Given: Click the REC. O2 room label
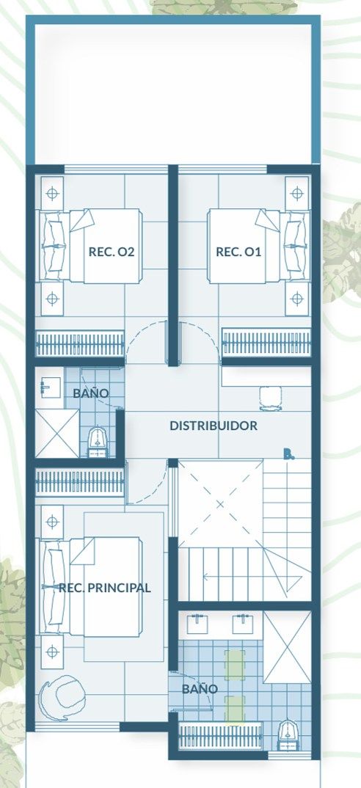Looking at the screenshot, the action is (x=112, y=252).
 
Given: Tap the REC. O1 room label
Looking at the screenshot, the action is (x=238, y=252).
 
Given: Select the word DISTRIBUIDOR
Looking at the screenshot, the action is (x=214, y=426).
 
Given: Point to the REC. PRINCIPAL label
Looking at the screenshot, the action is (x=105, y=588).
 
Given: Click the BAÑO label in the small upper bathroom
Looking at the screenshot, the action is (x=90, y=393).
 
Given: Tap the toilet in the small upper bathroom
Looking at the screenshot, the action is (x=98, y=442).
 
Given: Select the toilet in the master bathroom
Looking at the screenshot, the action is (x=288, y=735).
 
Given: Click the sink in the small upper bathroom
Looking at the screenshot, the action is (x=51, y=387).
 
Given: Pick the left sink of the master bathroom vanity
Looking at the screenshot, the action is (x=197, y=624).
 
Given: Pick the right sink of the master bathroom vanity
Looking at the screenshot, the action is (x=243, y=624).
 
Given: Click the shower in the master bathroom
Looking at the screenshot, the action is (x=287, y=647).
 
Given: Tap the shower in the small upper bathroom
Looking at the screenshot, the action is (x=57, y=433).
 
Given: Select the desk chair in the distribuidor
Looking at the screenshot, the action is (x=271, y=398).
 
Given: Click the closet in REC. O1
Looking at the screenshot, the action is (x=266, y=343).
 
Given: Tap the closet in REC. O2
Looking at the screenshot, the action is (x=80, y=344).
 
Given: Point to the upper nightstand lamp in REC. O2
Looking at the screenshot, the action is (x=52, y=193).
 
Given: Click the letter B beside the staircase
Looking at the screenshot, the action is (x=288, y=455).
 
